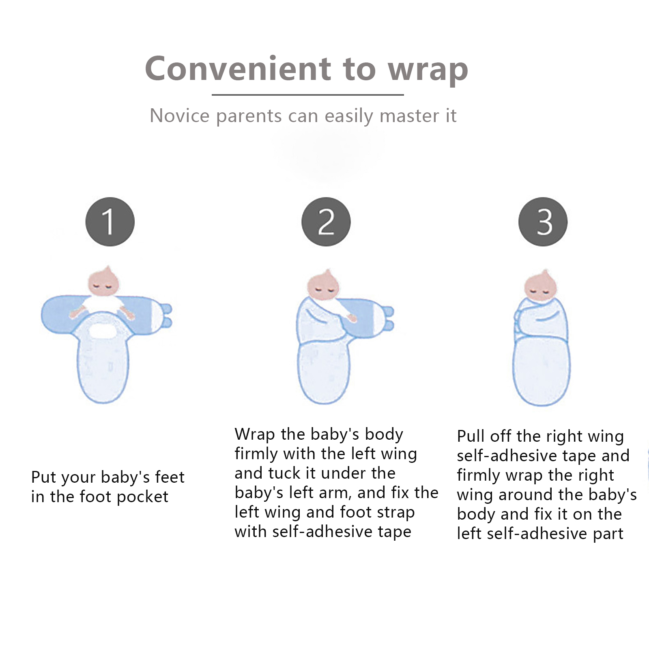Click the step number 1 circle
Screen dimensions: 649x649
pyautogui.click(x=110, y=222)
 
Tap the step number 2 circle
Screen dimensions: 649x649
pyautogui.click(x=326, y=222)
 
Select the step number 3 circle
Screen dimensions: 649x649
pyautogui.click(x=543, y=222)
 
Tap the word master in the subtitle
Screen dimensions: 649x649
pyautogui.click(x=410, y=116)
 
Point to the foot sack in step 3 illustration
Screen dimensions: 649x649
pyautogui.click(x=542, y=371)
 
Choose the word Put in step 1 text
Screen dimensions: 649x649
pyautogui.click(x=43, y=477)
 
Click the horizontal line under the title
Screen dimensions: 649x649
pyautogui.click(x=308, y=95)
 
